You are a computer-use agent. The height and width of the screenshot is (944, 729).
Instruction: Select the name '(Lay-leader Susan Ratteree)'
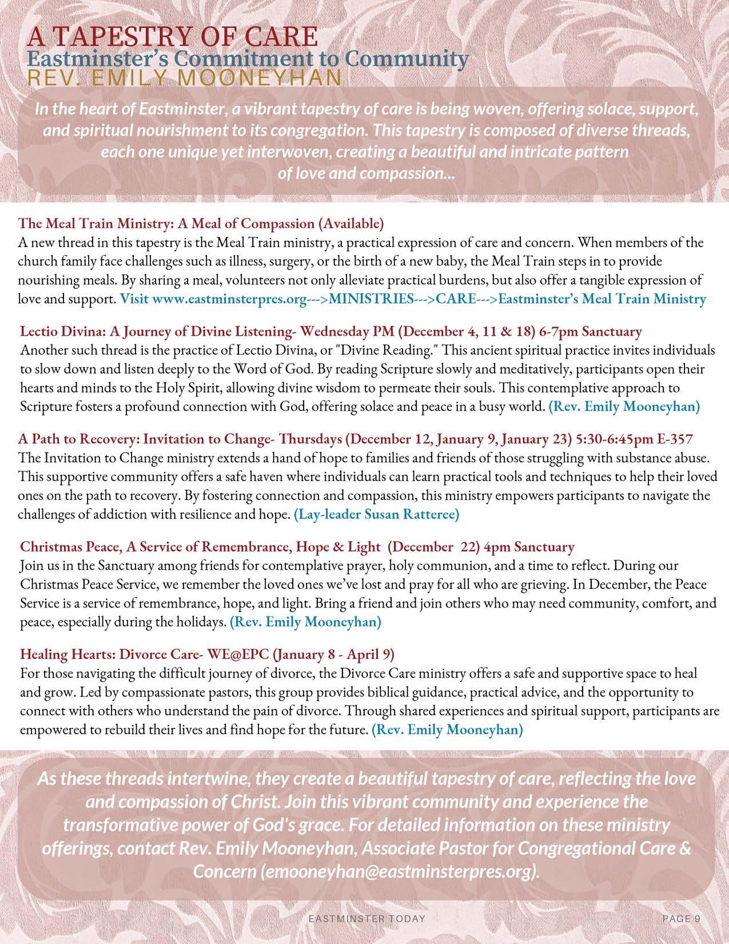point(376,515)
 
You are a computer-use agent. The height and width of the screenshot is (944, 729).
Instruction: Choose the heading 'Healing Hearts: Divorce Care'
point(114,653)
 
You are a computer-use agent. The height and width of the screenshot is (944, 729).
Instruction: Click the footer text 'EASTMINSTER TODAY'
point(367,919)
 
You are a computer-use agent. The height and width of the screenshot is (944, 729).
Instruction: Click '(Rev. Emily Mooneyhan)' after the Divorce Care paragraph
point(447,730)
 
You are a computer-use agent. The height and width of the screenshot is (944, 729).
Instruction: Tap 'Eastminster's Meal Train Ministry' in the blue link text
point(602,298)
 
